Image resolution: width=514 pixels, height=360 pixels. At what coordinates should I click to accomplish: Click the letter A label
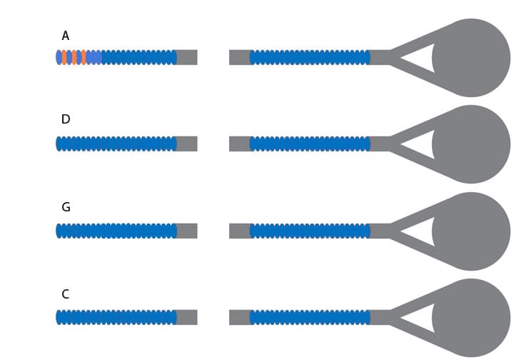(x=66, y=36)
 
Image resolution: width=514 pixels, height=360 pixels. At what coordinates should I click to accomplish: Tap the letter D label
(x=66, y=119)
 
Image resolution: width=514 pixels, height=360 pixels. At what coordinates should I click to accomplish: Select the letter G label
(x=66, y=207)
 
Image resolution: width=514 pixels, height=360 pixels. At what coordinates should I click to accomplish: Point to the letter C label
(x=66, y=294)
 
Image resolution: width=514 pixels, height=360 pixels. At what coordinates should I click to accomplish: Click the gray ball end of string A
(x=472, y=58)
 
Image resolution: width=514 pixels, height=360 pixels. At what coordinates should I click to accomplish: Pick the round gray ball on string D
(x=472, y=144)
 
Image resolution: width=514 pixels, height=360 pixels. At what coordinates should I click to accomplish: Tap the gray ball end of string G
(x=472, y=231)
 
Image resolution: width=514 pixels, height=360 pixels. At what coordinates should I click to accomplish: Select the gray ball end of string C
(x=472, y=318)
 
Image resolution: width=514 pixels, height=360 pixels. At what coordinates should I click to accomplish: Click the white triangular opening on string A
(x=422, y=58)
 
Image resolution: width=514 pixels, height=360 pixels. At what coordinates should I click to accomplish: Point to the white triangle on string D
(x=422, y=144)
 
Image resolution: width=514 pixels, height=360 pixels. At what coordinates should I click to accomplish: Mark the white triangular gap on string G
(x=422, y=231)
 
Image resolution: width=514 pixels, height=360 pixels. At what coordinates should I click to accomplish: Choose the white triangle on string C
(x=422, y=318)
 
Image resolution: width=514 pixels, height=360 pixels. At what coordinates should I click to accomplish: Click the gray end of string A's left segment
(x=186, y=57)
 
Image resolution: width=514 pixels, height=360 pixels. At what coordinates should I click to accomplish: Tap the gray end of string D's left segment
(x=186, y=144)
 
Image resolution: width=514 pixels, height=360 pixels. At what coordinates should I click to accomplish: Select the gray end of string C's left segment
(x=186, y=317)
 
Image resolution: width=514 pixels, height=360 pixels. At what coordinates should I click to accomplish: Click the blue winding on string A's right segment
(x=310, y=57)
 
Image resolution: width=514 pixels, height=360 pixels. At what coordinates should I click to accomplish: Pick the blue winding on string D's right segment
(x=310, y=144)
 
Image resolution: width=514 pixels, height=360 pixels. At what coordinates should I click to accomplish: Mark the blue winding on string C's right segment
(x=310, y=317)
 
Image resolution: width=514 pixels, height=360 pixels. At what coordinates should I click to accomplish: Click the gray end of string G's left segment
(x=186, y=231)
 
